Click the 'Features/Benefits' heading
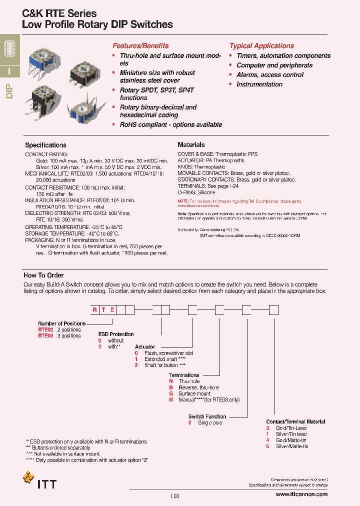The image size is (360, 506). (140, 45)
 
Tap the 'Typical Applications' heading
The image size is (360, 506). (261, 45)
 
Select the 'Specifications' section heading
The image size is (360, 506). (45, 145)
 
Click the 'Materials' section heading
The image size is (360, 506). (191, 145)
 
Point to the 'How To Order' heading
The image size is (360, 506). (43, 275)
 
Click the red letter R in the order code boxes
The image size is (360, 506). (94, 310)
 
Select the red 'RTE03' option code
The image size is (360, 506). (45, 336)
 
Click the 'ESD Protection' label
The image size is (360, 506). (116, 334)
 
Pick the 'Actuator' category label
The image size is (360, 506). (145, 346)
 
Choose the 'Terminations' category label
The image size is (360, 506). (184, 375)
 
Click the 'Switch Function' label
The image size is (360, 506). (207, 416)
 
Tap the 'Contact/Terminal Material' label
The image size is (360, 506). (295, 422)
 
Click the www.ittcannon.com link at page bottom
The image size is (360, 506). (301, 494)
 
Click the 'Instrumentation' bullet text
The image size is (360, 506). (259, 84)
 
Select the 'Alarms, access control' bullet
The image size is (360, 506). (270, 75)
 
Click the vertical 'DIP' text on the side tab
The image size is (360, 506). (9, 92)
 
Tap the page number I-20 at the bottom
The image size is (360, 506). (174, 496)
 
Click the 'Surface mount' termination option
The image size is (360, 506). (194, 393)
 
